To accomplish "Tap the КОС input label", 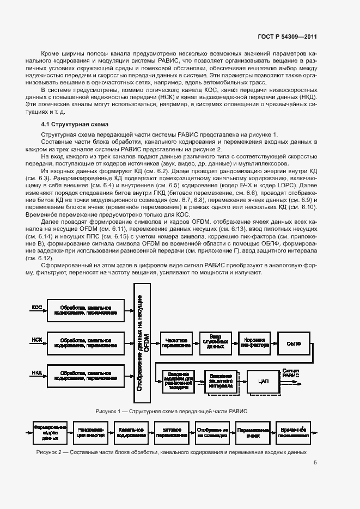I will tap(37, 308).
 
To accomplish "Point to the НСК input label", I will tap(37, 340).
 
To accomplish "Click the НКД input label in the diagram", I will tap(37, 373).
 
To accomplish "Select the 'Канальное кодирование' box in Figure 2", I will tap(132, 433).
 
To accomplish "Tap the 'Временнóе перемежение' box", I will tap(294, 433).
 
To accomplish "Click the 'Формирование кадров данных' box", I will tap(50, 433).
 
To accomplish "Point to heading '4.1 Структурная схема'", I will tap(75, 124).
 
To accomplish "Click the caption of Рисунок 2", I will tap(172, 452).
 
